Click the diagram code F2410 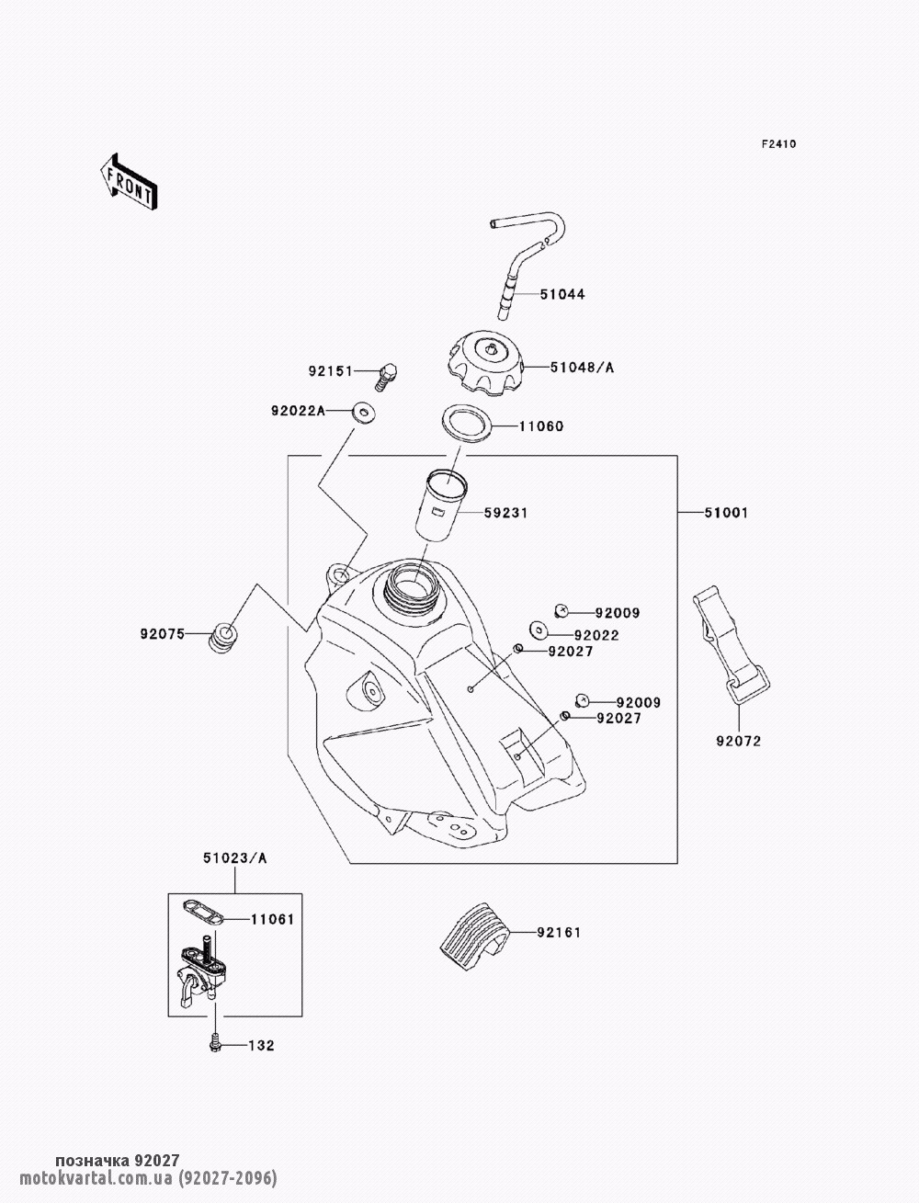click(777, 143)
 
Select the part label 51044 click(562, 294)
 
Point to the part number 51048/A click(582, 368)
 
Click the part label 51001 click(727, 513)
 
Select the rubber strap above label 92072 click(731, 642)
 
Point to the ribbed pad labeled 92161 click(473, 936)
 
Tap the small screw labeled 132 click(214, 1044)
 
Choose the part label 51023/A click(234, 858)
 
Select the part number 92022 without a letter click(597, 635)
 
